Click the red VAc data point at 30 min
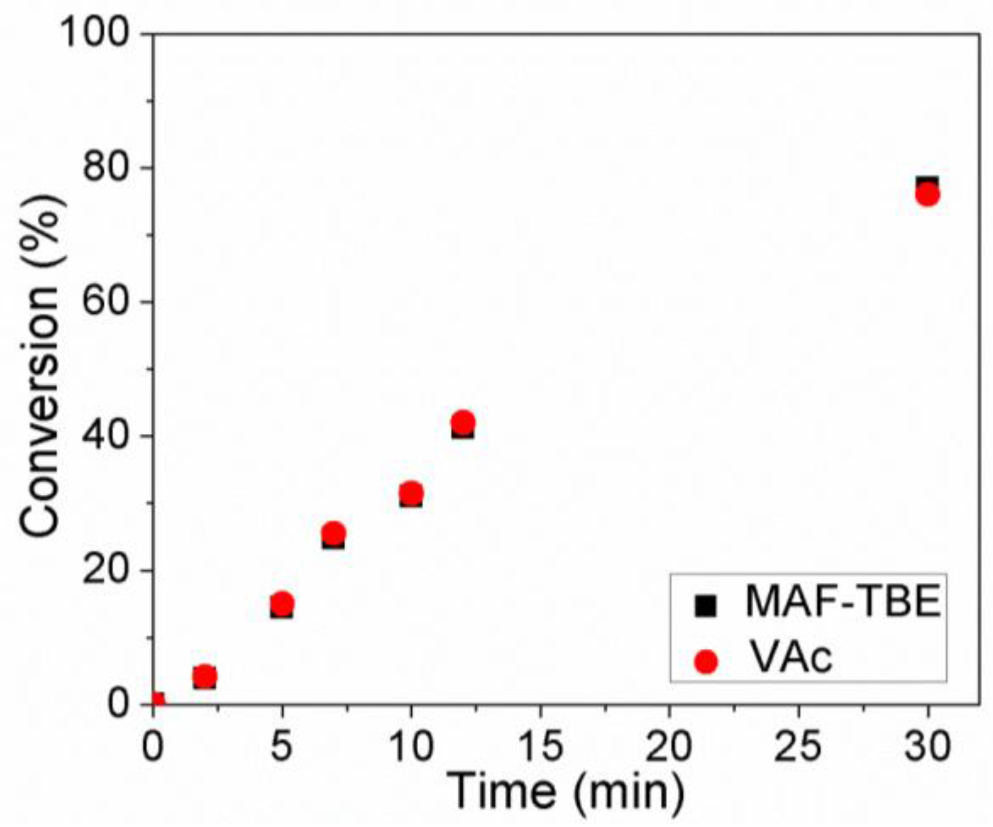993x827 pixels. pyautogui.click(x=928, y=195)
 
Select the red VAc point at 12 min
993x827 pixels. pyautogui.click(x=463, y=422)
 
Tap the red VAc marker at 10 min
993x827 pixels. pyautogui.click(x=411, y=493)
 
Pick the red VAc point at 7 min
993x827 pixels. pyautogui.click(x=333, y=533)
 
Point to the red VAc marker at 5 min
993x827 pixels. pyautogui.click(x=282, y=602)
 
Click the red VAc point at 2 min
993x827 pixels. pyautogui.click(x=205, y=675)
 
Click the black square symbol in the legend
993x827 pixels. pyautogui.click(x=705, y=606)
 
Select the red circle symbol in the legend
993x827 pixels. pyautogui.click(x=706, y=661)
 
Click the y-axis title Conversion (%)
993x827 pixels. pyautogui.click(x=41, y=367)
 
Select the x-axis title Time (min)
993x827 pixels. pyautogui.click(x=565, y=791)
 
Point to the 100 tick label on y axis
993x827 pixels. pyautogui.click(x=95, y=33)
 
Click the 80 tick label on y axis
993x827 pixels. pyautogui.click(x=106, y=168)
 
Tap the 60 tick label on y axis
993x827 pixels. pyautogui.click(x=106, y=302)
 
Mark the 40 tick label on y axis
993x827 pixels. pyautogui.click(x=106, y=436)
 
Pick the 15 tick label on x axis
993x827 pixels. pyautogui.click(x=539, y=746)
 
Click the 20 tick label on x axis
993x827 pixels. pyautogui.click(x=669, y=746)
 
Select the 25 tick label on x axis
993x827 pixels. pyautogui.click(x=798, y=746)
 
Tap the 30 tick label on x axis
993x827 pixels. pyautogui.click(x=928, y=746)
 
